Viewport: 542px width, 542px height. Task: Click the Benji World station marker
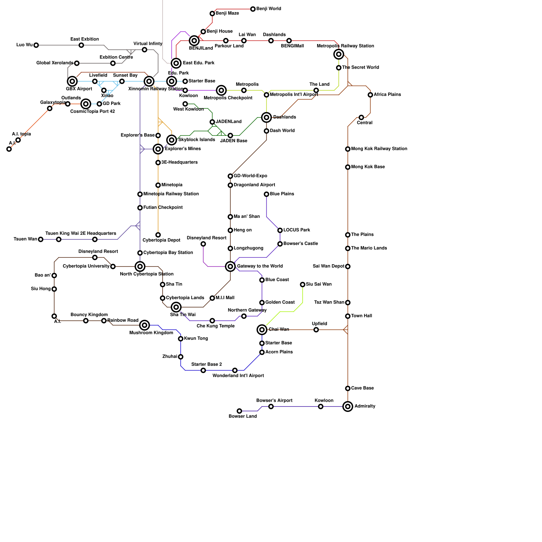pos(253,9)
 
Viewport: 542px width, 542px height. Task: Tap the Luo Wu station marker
pos(36,45)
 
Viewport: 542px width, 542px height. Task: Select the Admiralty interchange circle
pos(348,406)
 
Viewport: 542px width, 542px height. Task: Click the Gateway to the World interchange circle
pos(230,267)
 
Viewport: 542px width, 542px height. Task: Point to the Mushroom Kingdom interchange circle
pos(145,325)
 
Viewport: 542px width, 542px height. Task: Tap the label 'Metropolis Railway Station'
pos(346,46)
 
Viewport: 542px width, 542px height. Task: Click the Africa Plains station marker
pos(370,95)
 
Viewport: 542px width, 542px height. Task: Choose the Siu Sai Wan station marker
pos(303,285)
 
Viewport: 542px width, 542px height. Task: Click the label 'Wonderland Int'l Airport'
pos(238,376)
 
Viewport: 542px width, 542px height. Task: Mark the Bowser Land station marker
pos(239,411)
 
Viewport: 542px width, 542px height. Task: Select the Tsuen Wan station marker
pos(41,239)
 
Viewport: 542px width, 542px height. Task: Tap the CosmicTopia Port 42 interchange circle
pos(86,104)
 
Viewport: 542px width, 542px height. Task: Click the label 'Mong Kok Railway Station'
pos(379,149)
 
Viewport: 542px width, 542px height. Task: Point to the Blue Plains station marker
pos(267,194)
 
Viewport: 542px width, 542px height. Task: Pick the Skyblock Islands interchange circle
pos(172,140)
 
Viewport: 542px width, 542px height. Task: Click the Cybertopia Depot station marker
pos(158,235)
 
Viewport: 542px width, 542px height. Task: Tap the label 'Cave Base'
pos(362,388)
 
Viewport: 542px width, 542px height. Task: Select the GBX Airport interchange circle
pos(72,81)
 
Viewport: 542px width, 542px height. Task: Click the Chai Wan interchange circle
pos(262,330)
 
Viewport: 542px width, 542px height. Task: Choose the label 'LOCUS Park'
pos(297,230)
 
